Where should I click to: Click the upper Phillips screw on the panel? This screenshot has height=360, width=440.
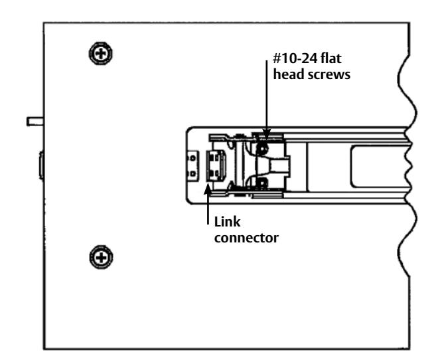(x=101, y=53)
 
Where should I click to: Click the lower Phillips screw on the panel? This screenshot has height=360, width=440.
(x=101, y=257)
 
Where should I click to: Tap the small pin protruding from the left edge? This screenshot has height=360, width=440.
(x=35, y=122)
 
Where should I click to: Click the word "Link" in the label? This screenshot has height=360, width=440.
(x=227, y=222)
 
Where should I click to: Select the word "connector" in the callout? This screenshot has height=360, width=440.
(x=246, y=238)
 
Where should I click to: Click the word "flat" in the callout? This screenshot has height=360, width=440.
(x=331, y=58)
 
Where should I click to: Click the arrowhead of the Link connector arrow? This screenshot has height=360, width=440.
(x=208, y=188)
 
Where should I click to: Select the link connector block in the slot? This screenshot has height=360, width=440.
(x=216, y=165)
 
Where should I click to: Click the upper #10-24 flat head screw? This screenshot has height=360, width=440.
(x=262, y=148)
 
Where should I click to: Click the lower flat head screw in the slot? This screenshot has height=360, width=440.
(x=261, y=183)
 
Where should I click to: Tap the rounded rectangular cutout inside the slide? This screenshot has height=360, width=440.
(x=379, y=167)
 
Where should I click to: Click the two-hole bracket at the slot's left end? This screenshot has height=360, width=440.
(x=192, y=166)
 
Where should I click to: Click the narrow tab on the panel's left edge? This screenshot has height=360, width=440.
(x=41, y=165)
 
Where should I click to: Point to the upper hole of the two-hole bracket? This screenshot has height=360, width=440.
(x=192, y=158)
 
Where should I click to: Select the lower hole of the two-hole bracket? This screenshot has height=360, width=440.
(x=192, y=174)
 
